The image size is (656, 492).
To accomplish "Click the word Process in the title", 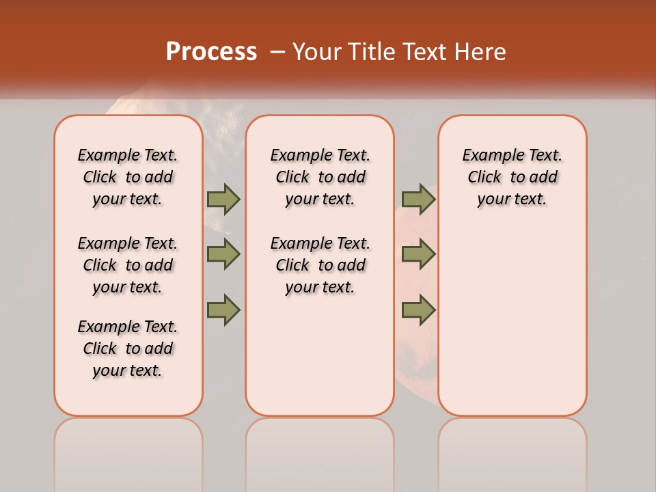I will [x=211, y=52].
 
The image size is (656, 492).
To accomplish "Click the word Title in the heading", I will [x=369, y=52].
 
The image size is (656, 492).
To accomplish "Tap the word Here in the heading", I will [x=480, y=52].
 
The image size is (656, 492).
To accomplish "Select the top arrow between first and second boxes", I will [x=223, y=199].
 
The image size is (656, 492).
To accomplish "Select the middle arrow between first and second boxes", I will [x=223, y=254].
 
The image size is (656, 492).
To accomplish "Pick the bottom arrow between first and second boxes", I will [x=223, y=310].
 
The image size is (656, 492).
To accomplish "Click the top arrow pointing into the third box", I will [x=418, y=199].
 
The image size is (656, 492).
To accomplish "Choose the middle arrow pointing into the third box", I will [x=418, y=254].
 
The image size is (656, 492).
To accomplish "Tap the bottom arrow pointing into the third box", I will [x=418, y=310].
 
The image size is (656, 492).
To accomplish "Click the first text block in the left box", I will [x=128, y=177].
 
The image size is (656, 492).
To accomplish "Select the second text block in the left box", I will [x=128, y=265].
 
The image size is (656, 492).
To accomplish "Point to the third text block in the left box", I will [x=128, y=348].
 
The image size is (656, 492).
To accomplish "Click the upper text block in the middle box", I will [x=320, y=177].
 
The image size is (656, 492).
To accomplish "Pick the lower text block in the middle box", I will [x=320, y=265].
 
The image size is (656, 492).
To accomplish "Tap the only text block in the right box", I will [x=512, y=177].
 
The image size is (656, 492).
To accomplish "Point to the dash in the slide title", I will [x=277, y=52].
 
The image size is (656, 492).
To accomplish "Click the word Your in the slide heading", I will [x=318, y=52].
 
